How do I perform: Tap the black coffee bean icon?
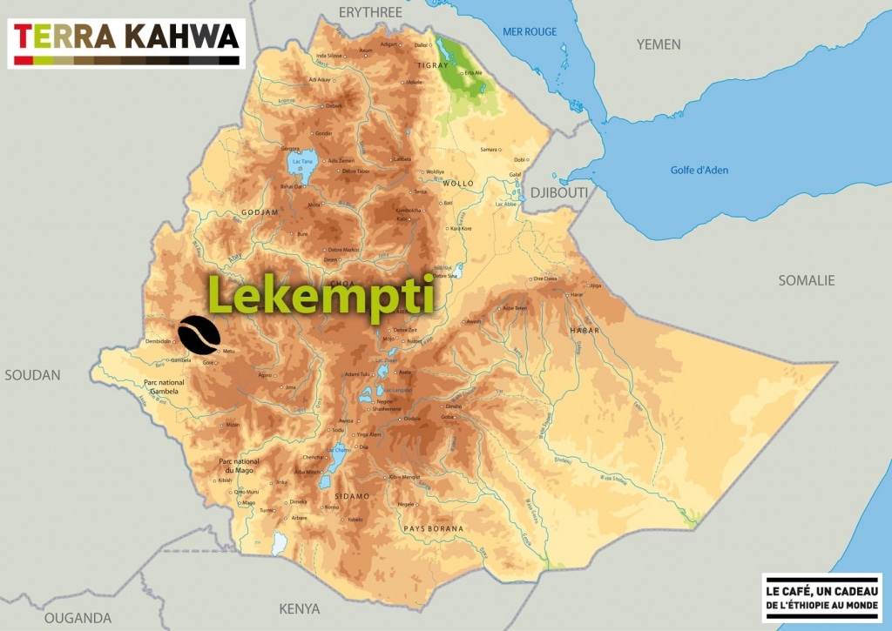199,333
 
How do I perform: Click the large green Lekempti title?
321,296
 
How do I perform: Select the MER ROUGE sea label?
529,32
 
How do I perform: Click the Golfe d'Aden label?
699,170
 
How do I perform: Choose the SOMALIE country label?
806,280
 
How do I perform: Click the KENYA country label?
299,608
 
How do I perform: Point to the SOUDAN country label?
32,375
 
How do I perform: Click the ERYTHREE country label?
370,11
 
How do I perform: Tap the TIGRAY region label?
433,65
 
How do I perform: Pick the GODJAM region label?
261,212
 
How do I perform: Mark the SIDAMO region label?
351,495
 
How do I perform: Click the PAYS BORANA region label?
433,528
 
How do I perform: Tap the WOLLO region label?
458,184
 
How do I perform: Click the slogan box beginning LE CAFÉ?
821,598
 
